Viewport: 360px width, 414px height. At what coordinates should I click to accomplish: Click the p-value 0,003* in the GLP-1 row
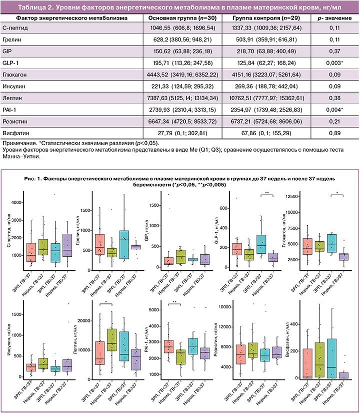click(334, 63)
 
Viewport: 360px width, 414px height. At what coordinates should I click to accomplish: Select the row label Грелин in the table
click(12, 40)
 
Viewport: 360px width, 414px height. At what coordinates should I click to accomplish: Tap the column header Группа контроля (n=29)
click(266, 18)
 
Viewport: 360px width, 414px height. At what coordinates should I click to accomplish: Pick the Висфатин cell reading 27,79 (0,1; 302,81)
click(182, 133)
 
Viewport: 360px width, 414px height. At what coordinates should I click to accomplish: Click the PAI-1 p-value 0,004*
click(334, 110)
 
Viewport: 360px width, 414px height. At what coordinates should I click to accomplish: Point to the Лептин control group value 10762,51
click(240, 98)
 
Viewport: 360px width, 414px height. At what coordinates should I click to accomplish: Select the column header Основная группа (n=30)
click(182, 18)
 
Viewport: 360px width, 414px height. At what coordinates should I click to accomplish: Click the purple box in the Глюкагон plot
click(343, 257)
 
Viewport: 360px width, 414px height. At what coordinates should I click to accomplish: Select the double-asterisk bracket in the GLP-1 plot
click(267, 195)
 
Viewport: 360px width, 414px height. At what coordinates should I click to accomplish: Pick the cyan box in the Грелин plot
click(124, 245)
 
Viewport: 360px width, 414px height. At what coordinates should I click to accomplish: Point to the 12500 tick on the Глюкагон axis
click(291, 197)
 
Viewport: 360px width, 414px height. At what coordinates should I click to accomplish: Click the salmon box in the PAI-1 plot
click(168, 347)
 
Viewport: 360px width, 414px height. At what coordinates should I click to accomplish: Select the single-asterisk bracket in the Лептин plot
click(106, 304)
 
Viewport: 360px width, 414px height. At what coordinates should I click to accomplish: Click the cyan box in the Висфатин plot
click(332, 358)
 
